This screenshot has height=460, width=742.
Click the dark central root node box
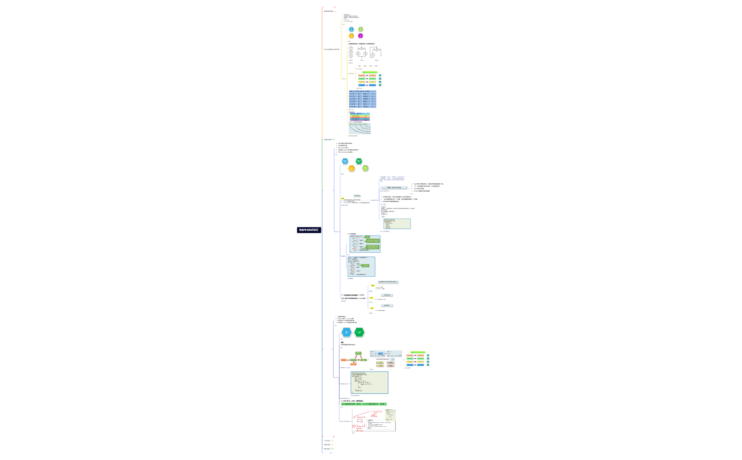pos(309,230)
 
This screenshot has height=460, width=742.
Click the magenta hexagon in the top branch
pos(360,36)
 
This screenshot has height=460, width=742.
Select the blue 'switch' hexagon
pos(345,161)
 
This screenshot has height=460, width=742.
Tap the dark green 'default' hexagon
pos(359,161)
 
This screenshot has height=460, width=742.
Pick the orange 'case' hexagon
pos(352,168)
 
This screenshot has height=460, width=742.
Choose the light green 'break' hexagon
pos(365,168)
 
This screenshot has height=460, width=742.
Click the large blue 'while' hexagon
pos(347,332)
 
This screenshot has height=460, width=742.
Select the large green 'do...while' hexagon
pos(359,332)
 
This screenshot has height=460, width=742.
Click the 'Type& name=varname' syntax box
pos(394,188)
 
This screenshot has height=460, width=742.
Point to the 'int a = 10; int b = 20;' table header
pos(363,91)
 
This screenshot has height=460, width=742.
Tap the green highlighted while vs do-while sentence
pos(364,404)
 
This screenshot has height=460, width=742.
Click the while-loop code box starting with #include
pos(369,383)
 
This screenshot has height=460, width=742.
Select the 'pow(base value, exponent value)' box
pos(388,282)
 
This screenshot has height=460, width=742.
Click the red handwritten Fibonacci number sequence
pos(376,412)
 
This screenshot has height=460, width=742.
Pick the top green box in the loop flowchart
pos(358,353)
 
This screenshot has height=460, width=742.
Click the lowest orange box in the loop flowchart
pos(353,364)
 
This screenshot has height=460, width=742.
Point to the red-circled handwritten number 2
pos(354,426)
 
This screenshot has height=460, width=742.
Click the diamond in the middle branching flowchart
pos(361,49)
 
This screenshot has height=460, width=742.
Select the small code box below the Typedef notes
pos(397,224)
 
